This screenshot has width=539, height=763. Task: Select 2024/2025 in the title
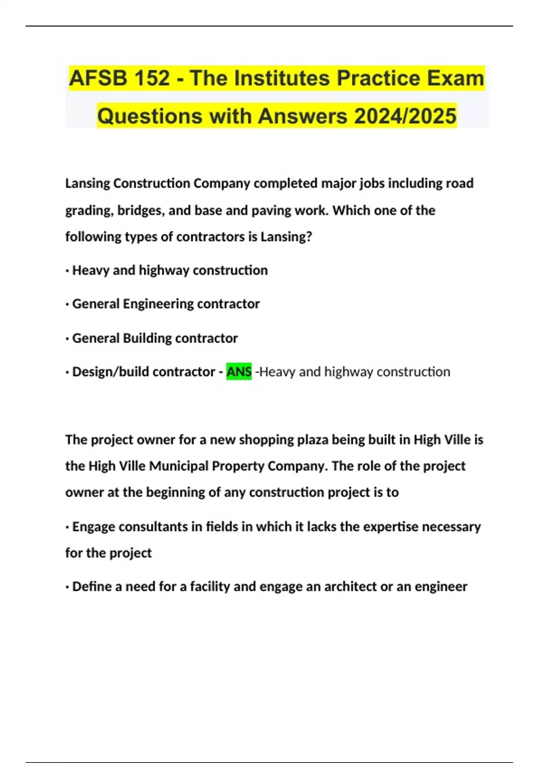pos(405,116)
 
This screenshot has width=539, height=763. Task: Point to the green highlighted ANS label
pos(239,372)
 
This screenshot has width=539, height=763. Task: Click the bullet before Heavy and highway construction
pos(67,271)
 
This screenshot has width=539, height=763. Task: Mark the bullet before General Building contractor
pos(67,339)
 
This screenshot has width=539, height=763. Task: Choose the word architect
pos(350,587)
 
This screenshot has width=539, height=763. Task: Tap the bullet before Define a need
pos(67,588)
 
